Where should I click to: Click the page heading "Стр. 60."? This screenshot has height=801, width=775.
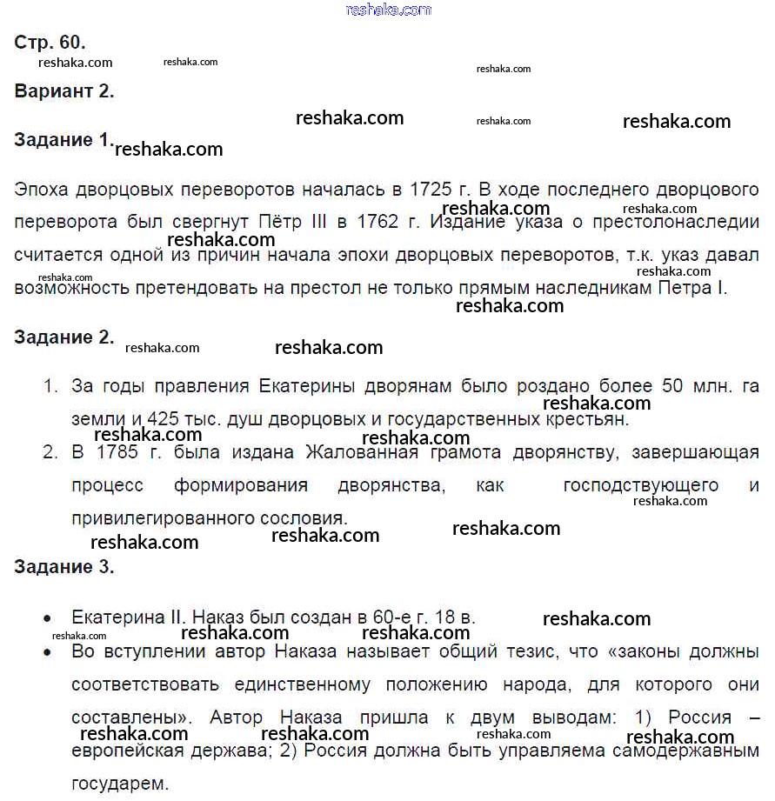coord(50,43)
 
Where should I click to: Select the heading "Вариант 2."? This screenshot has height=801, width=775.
coord(64,90)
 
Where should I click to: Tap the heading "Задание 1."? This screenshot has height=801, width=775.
coord(63,140)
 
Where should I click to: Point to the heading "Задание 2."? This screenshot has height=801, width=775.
coord(63,337)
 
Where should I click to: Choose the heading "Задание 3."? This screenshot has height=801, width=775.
coord(63,568)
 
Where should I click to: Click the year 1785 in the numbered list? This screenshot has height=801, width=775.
coord(117,452)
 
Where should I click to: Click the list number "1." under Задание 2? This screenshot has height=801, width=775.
coord(51,386)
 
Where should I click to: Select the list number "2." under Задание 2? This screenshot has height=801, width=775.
coord(51,452)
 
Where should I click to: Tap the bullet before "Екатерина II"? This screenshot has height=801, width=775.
coord(47,618)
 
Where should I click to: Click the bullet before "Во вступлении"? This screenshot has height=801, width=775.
coord(47,651)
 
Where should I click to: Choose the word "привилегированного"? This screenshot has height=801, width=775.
coord(163,518)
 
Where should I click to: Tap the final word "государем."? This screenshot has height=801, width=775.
coord(120,783)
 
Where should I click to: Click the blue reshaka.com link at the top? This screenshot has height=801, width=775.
coord(388,10)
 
